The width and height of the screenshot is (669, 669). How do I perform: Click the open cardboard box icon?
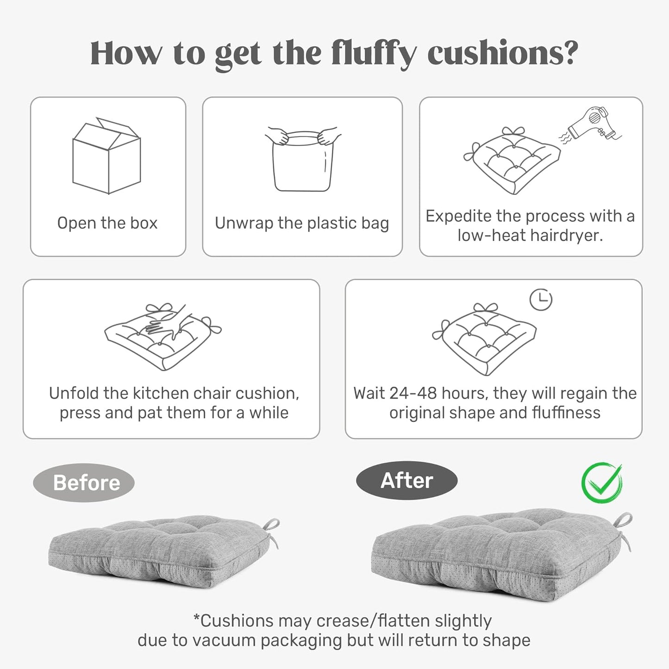[x=106, y=156]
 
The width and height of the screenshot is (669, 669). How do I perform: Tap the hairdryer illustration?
[x=590, y=123]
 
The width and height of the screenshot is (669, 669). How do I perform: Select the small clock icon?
[x=541, y=300]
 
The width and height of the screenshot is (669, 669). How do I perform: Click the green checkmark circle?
[x=602, y=483]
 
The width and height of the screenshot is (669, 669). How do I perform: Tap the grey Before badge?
[x=84, y=483]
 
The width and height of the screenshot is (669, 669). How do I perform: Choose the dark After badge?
[x=406, y=481]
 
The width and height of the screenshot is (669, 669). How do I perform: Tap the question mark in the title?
[x=570, y=52]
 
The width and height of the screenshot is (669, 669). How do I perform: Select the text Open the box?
[x=107, y=223]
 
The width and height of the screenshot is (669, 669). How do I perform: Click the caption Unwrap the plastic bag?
[x=302, y=223]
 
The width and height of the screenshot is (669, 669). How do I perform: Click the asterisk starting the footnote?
[x=196, y=619]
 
